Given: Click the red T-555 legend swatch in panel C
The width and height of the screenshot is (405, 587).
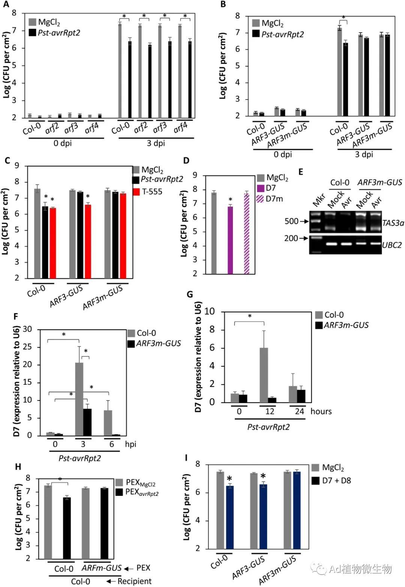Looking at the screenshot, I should coord(136,192).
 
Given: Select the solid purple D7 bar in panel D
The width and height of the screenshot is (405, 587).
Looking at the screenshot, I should coord(230,240).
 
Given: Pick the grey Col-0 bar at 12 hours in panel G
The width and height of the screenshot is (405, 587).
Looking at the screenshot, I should coord(264,375).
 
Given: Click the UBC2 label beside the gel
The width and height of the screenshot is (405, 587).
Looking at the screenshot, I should coord(392,245).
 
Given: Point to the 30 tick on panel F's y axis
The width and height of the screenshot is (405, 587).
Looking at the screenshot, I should coord(37,330).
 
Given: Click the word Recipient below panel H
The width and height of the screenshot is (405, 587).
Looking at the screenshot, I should coord(134,581).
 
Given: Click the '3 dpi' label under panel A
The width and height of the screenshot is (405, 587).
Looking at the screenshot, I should coord(155,143).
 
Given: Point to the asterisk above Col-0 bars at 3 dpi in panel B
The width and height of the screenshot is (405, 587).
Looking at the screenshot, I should coord(343,18).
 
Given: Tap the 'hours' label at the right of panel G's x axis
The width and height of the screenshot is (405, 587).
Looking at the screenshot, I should coord(321,411).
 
